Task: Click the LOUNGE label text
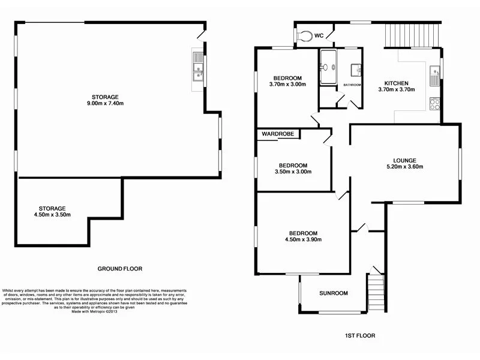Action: pos(404,160)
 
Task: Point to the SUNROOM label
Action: pos(333,293)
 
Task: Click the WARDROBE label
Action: pos(278,134)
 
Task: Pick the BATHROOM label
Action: pos(352,85)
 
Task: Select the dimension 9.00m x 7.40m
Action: pos(105,103)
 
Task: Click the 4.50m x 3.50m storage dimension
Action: pos(52,215)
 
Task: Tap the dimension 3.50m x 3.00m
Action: pos(293,172)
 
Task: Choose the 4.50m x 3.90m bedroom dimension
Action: pos(302,239)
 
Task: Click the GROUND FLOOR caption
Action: pos(120,269)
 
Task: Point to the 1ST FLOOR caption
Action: pos(361,335)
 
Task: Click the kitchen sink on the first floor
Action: pos(435,76)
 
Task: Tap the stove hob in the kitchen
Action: pos(435,103)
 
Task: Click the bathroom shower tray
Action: pos(328,68)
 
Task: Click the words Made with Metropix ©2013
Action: pos(95,311)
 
